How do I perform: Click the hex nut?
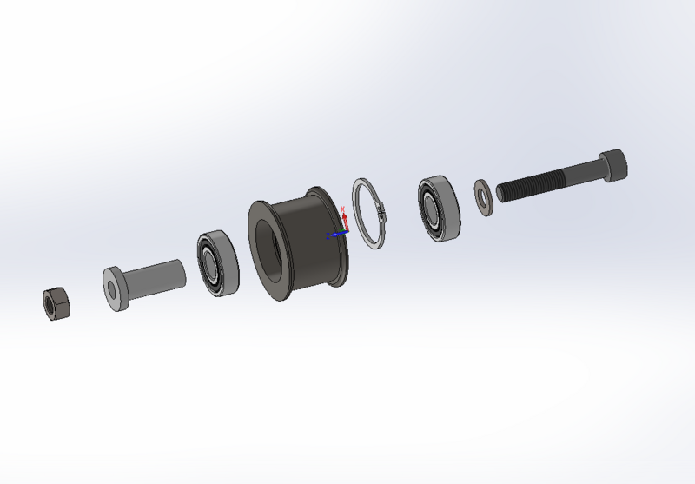tap(56, 302)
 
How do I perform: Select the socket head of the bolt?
tap(612, 165)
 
